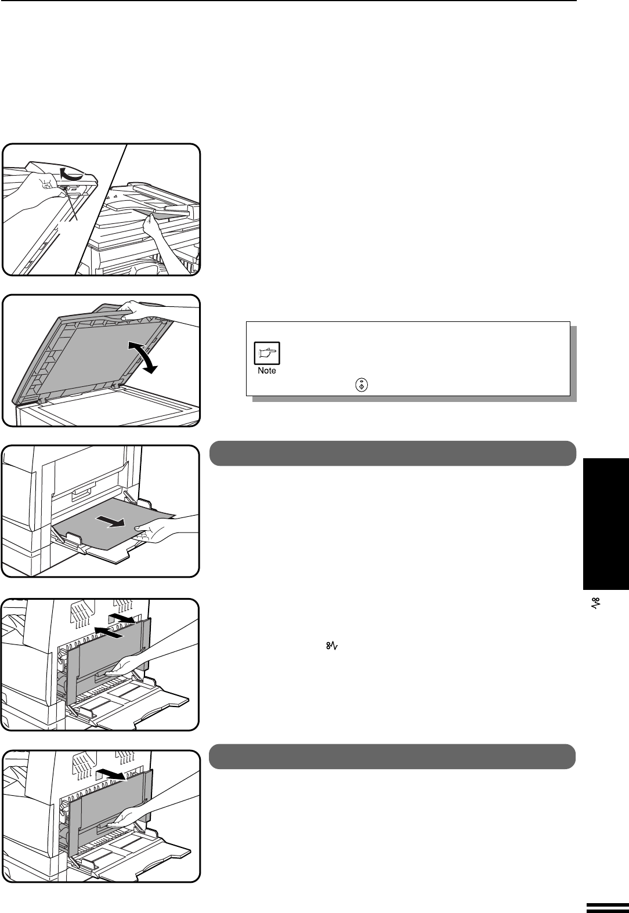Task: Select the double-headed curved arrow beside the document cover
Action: [x=143, y=357]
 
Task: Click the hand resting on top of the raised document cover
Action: [x=139, y=309]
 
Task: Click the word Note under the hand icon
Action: [x=267, y=371]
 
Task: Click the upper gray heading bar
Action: [x=392, y=453]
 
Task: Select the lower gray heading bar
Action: [x=392, y=756]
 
